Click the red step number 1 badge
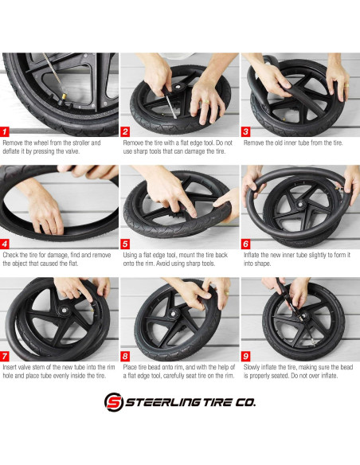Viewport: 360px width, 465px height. click(6, 131)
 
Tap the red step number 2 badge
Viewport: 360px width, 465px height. click(126, 131)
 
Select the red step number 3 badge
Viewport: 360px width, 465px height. click(246, 131)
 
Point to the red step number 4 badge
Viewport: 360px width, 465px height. click(6, 244)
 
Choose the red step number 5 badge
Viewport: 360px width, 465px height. click(126, 244)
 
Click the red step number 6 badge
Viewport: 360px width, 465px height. click(246, 244)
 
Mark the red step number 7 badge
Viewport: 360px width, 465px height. click(6, 356)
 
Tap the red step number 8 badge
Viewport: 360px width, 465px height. click(126, 356)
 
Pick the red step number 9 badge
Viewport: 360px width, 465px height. click(246, 356)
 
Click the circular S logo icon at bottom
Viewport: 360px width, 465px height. click(114, 402)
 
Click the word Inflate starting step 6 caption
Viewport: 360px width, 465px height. click(252, 256)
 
